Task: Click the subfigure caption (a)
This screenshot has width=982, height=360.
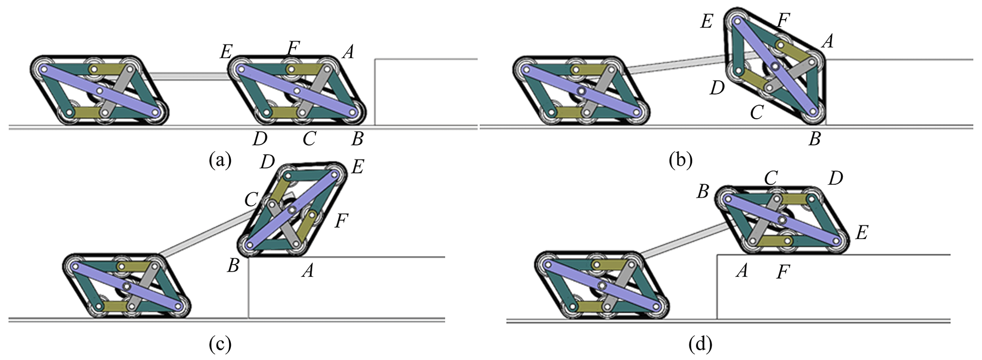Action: [220, 161]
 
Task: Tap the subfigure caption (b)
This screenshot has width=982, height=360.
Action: [680, 161]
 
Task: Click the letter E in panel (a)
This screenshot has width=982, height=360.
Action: [226, 51]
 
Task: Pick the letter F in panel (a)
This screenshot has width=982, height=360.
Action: [294, 48]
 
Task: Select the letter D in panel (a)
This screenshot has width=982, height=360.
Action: [260, 139]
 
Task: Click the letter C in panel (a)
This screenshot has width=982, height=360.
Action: [309, 139]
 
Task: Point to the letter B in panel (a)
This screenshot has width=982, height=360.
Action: [357, 139]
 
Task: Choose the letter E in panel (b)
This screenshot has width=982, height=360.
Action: [707, 21]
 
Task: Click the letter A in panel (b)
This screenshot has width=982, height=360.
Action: [827, 42]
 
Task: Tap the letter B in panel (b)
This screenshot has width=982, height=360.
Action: [815, 139]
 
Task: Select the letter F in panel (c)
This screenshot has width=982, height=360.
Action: [342, 221]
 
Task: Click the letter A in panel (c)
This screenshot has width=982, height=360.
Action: [308, 271]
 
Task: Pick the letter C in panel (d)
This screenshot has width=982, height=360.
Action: [771, 178]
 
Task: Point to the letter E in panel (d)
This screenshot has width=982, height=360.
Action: [861, 233]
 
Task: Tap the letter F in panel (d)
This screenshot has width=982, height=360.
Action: [783, 272]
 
